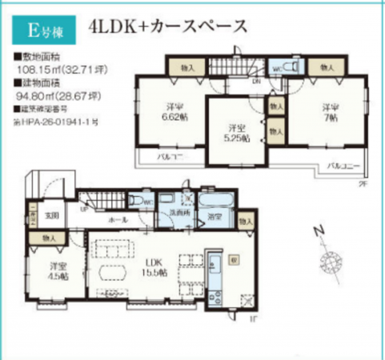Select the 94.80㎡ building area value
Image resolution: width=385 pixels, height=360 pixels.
pyautogui.click(x=50, y=94)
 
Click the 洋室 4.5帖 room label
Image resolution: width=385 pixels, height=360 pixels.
pyautogui.click(x=56, y=270)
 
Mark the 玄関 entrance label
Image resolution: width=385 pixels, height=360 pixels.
pyautogui.click(x=52, y=215)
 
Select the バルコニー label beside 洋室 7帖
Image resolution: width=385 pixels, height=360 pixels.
pyautogui.click(x=344, y=167)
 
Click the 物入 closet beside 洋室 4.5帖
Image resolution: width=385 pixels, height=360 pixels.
pyautogui.click(x=50, y=238)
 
